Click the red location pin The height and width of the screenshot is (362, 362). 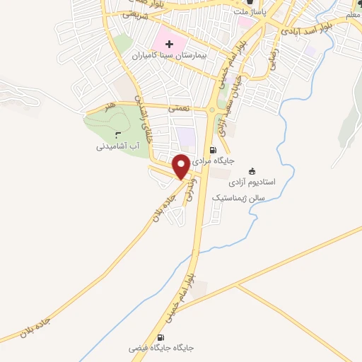click(x=181, y=165)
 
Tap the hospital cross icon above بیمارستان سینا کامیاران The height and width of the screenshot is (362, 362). click(x=169, y=45)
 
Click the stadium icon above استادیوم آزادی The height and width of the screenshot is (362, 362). click(x=252, y=170)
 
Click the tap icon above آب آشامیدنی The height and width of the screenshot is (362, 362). click(x=117, y=136)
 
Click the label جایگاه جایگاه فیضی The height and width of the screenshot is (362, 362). click(x=161, y=349)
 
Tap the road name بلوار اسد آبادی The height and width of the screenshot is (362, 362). click(x=307, y=30)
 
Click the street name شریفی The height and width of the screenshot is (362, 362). click(x=134, y=13)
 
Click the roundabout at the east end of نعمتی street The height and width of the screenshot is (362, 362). click(x=212, y=110)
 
